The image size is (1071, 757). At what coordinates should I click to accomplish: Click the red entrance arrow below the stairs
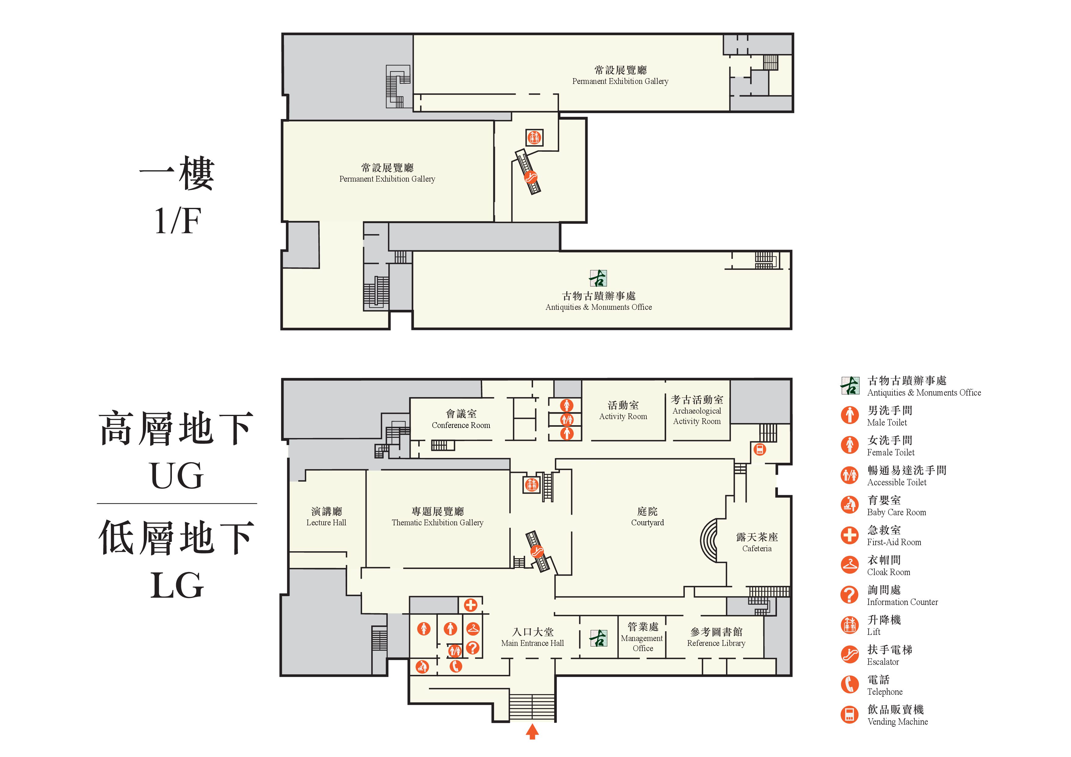[x=532, y=731]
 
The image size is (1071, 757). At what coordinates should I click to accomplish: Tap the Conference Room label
[x=461, y=419]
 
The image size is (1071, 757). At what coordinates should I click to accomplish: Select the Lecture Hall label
[x=327, y=517]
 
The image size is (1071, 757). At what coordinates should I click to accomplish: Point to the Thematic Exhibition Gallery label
[x=437, y=517]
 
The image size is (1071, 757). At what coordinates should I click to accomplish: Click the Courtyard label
[x=648, y=517]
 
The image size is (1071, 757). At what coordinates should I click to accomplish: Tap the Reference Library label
[x=717, y=637]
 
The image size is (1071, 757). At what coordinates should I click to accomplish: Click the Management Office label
[x=642, y=637]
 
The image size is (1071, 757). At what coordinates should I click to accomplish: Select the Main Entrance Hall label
[x=533, y=637]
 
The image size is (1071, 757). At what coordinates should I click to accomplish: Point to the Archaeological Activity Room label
[x=697, y=411]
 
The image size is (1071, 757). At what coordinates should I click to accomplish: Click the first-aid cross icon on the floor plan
[x=470, y=605]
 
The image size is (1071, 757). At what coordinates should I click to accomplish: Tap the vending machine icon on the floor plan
[x=760, y=450]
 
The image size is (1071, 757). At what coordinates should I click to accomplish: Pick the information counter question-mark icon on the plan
[x=473, y=647]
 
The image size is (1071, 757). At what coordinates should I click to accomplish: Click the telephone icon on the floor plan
[x=456, y=666]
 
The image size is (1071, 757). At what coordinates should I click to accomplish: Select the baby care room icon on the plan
[x=422, y=667]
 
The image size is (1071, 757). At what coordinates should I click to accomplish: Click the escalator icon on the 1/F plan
[x=530, y=177]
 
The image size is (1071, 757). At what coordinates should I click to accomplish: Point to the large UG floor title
[x=177, y=476]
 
